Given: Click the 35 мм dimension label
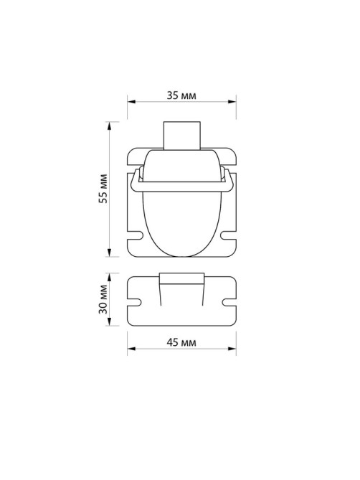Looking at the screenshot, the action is point(181,95).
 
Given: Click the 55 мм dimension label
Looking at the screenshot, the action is point(103,189).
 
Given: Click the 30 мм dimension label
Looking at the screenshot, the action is point(103,299).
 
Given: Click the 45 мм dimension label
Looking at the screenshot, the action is point(181,342).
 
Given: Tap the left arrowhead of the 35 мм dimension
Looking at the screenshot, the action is point(131,102).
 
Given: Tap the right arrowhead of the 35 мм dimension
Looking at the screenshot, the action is point(232,102).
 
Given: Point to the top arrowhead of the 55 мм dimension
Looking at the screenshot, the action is point(110,126).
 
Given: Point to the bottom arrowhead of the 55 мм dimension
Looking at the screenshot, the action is point(110,253).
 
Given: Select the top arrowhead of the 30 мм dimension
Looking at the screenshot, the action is point(110,278).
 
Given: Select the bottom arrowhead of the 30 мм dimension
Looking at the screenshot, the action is point(110,321).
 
